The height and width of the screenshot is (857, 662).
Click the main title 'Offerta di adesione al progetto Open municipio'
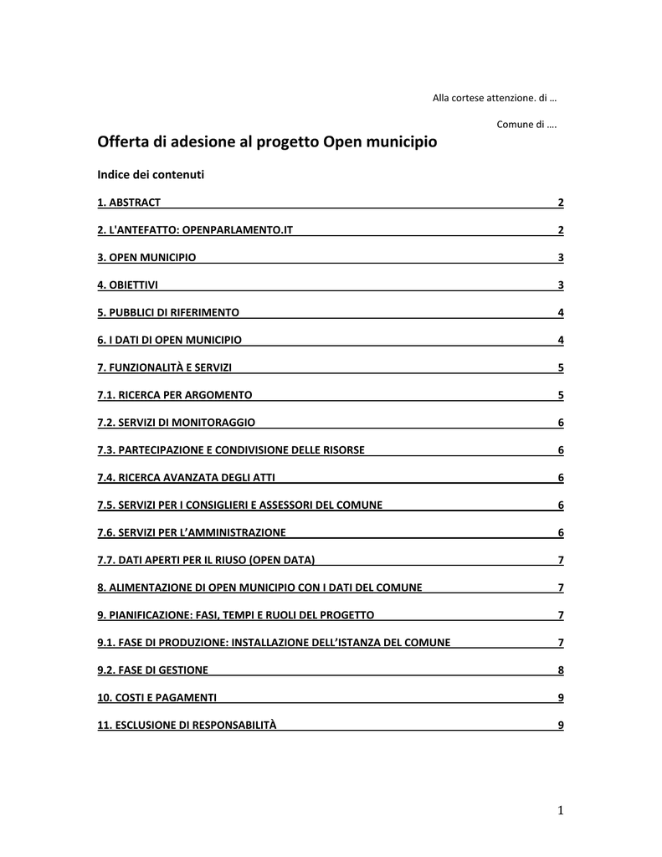(267, 142)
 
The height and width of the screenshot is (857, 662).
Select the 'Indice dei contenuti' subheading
(151, 175)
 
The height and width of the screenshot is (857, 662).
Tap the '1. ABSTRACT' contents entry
(129, 203)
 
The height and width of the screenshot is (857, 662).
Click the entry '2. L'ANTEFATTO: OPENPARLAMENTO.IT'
(195, 230)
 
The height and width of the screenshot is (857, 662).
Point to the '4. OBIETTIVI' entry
(128, 285)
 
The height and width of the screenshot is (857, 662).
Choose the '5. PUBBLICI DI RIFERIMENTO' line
(168, 313)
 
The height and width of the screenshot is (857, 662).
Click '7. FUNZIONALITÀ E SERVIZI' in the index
(165, 367)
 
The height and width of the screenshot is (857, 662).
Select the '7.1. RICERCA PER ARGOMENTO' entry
(175, 395)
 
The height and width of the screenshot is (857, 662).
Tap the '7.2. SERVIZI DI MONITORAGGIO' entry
(177, 423)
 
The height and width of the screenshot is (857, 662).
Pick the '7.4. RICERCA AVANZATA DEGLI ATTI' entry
(187, 478)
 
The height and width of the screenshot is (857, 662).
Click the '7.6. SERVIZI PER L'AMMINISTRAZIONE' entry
(192, 532)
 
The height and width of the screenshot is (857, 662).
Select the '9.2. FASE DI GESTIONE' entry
(153, 670)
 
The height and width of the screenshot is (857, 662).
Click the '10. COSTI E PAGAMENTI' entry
(157, 697)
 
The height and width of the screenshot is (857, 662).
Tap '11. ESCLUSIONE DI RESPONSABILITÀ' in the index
(187, 725)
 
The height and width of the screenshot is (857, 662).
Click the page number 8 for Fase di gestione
(560, 670)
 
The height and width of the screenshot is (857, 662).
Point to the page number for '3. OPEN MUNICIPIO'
(560, 258)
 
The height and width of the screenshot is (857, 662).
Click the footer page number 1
(560, 809)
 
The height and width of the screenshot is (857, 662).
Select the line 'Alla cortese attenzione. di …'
(495, 98)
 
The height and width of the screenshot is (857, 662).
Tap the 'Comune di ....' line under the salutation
(527, 125)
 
